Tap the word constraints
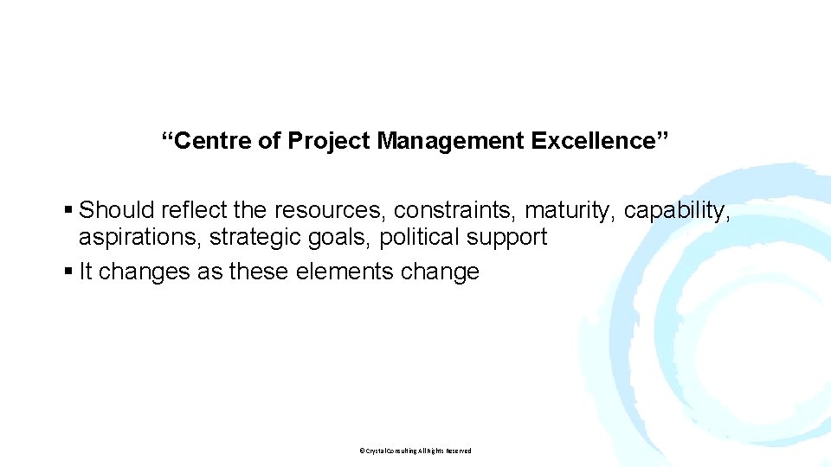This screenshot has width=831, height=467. (x=456, y=210)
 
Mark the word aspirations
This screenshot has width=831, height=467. (x=141, y=238)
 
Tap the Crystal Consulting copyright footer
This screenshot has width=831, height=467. (x=415, y=451)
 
